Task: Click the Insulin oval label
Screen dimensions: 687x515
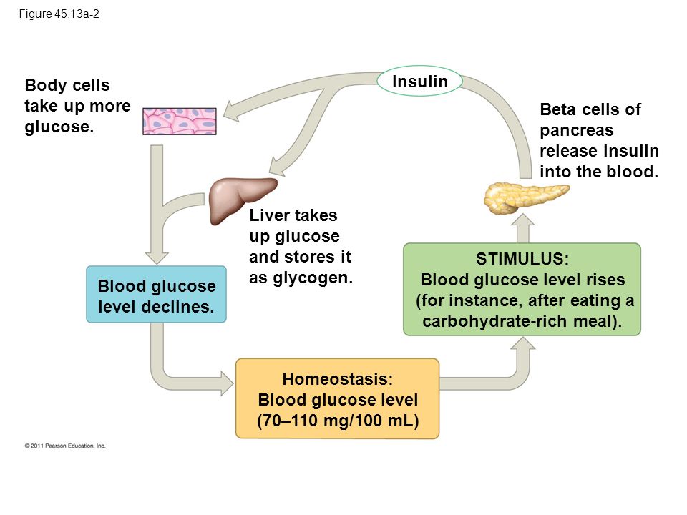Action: click(420, 81)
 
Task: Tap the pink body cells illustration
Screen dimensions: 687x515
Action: click(180, 122)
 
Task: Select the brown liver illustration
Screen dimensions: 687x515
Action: click(243, 200)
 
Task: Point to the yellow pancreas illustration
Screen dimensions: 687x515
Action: click(526, 198)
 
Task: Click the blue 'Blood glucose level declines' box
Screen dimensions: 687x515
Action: click(157, 294)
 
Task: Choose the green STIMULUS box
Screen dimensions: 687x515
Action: click(522, 290)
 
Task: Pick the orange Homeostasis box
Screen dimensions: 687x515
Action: click(337, 398)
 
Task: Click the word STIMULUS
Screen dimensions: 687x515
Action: click(522, 259)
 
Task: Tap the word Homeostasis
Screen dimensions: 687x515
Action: click(337, 379)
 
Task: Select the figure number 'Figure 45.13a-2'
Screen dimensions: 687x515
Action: click(59, 14)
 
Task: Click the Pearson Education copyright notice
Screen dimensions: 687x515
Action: click(65, 446)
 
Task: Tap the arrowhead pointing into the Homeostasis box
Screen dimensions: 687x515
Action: click(227, 383)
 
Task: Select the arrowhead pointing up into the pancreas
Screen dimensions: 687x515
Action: click(522, 220)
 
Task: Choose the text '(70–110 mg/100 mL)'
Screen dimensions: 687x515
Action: click(338, 421)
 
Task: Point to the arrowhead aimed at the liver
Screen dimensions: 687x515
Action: click(276, 167)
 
